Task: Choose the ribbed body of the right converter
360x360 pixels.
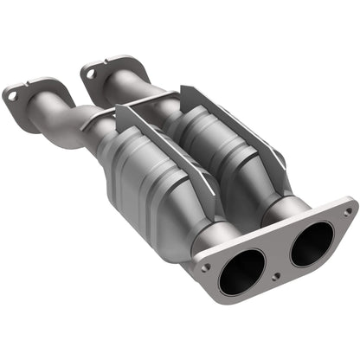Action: click(216, 138)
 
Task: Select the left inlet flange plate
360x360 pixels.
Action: click(26, 104)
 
